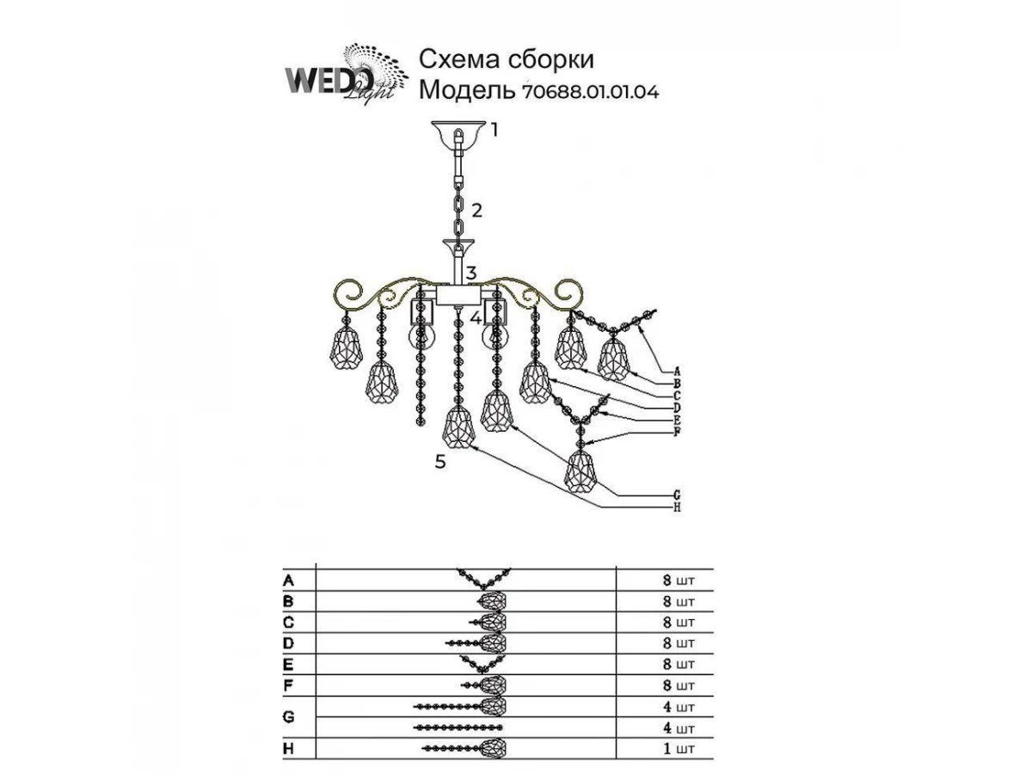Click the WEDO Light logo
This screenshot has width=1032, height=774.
[x=346, y=74]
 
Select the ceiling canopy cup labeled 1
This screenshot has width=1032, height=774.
[x=454, y=133]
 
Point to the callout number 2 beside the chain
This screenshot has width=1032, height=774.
[x=476, y=210]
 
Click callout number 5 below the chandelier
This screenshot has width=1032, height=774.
[x=440, y=462]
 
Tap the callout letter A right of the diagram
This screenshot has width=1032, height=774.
[x=677, y=372]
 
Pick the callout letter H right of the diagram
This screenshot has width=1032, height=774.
[x=677, y=507]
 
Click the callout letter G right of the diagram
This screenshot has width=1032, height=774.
[x=677, y=494]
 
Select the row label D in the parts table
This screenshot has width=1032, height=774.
[x=289, y=643]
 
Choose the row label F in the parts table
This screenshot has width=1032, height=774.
[x=288, y=685]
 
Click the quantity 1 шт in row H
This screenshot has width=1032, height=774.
[x=679, y=749]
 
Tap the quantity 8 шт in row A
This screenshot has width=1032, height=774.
[x=679, y=580]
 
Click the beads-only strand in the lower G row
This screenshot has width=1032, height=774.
[x=458, y=728]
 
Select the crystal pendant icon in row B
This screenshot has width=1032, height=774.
[x=492, y=601]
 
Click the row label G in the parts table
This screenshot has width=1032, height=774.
[x=289, y=717]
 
